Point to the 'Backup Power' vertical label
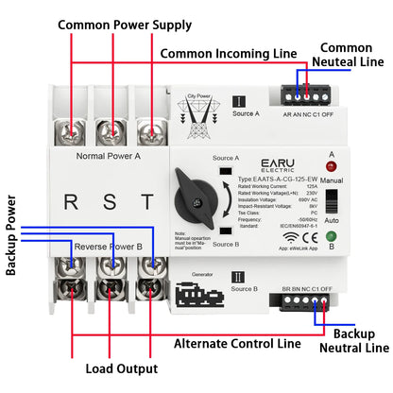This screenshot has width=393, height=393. [12, 235]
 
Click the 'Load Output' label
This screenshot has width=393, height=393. [122, 368]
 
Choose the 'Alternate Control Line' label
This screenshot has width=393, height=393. [237, 344]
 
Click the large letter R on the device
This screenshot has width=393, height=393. [70, 201]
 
